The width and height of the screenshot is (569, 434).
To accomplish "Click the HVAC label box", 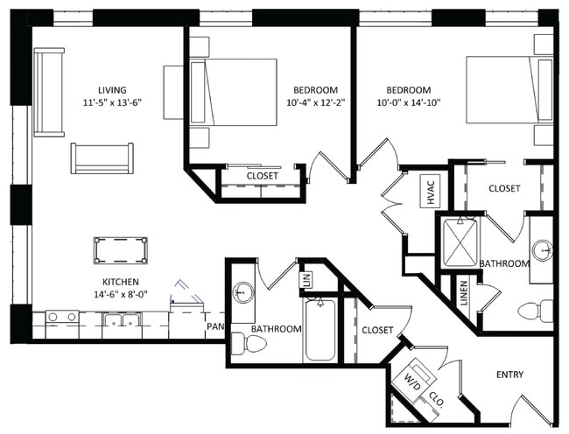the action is pyautogui.click(x=430, y=191).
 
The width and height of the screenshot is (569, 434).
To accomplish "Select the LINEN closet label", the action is pyautogui.click(x=464, y=292).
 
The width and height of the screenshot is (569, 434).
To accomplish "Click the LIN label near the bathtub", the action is pyautogui.click(x=306, y=279).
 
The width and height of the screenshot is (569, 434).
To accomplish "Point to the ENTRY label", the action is pyautogui.click(x=509, y=374).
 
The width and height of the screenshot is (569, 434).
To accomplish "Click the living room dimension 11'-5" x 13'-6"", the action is pyautogui.click(x=112, y=102).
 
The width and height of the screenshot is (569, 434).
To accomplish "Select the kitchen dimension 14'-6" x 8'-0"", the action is pyautogui.click(x=121, y=294).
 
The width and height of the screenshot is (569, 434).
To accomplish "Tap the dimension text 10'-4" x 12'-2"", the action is pyautogui.click(x=315, y=102).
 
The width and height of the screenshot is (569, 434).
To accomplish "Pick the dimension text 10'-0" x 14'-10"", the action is pyautogui.click(x=409, y=102).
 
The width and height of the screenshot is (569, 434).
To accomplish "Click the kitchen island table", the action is pyautogui.click(x=121, y=250).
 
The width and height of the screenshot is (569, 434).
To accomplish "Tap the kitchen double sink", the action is pyautogui.click(x=123, y=319).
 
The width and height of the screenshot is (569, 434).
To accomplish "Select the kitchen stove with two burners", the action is pyautogui.click(x=62, y=318).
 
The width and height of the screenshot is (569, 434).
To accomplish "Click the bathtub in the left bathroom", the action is pyautogui.click(x=320, y=330).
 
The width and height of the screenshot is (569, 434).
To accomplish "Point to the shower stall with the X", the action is pyautogui.click(x=460, y=242).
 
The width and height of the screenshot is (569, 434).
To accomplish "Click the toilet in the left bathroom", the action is pyautogui.click(x=249, y=344).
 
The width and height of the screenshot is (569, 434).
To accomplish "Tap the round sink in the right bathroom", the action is pyautogui.click(x=543, y=250).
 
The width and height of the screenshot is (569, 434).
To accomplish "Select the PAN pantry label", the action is pyautogui.click(x=214, y=326).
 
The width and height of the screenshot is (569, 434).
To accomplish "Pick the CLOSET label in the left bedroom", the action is pyautogui.click(x=263, y=176).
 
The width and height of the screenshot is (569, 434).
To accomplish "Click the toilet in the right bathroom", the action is pyautogui.click(x=536, y=311).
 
